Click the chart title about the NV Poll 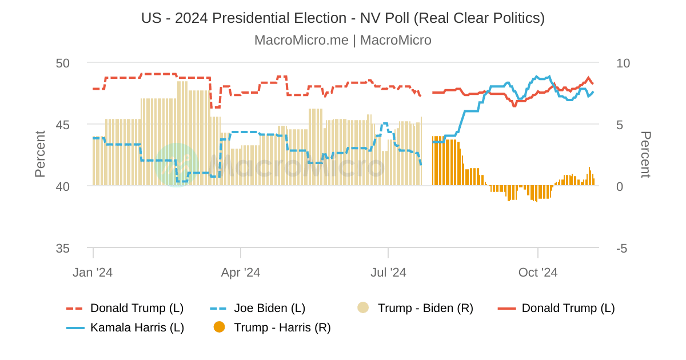343,18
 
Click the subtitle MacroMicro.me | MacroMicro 343,40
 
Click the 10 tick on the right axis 623,63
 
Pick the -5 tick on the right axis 621,249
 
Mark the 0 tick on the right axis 620,186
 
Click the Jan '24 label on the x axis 93,273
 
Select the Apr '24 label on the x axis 241,273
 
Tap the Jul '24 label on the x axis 389,273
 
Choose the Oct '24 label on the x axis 538,273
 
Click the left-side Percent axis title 40,154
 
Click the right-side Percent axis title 645,154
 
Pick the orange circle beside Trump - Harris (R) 219,327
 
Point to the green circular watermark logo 176,165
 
